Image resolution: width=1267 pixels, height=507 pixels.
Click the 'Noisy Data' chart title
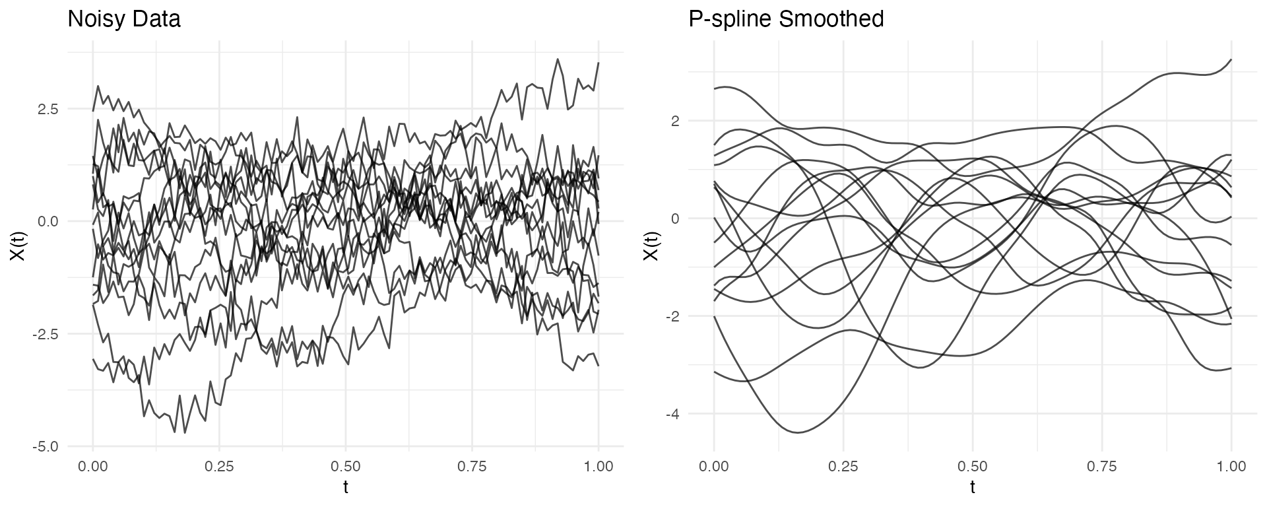point(124,19)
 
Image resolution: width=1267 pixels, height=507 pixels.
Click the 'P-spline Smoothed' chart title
point(786,19)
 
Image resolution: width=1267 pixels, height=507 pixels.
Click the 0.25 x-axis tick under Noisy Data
point(219,467)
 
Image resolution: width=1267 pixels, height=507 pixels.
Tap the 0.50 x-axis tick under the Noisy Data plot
point(346,467)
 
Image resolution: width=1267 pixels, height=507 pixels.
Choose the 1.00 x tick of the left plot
point(599,467)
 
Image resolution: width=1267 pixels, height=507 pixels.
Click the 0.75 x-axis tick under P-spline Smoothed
point(1102,467)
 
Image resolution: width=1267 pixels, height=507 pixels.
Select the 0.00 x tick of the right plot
point(714,467)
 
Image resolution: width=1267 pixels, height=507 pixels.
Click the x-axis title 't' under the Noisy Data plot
point(346,488)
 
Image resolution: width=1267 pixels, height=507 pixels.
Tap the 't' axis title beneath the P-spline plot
point(973,488)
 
